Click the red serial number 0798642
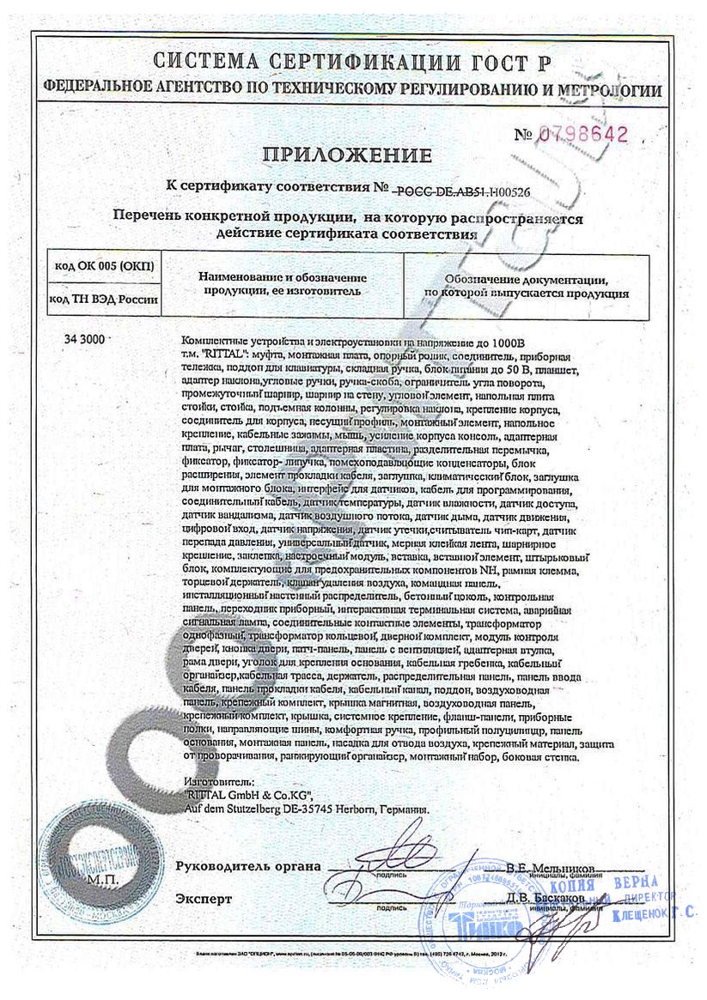584,134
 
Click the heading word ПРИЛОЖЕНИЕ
347,155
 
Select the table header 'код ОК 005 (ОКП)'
102,265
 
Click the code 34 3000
83,340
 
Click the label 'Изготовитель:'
220,784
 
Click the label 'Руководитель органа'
247,866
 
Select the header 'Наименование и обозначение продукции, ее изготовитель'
283,284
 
